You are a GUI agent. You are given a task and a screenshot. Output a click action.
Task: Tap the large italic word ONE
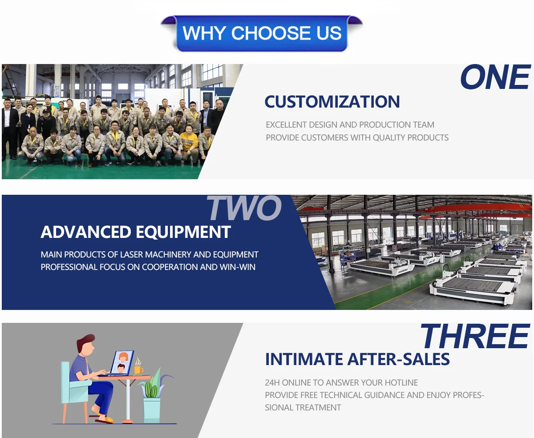click(495, 77)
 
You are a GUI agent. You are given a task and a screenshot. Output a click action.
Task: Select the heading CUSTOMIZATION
click(332, 102)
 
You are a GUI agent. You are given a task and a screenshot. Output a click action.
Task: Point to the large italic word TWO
click(244, 208)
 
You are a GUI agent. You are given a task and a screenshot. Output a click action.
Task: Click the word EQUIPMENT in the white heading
click(183, 232)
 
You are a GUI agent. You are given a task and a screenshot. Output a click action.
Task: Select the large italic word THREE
click(475, 337)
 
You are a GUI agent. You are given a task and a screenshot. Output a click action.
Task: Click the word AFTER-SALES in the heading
click(398, 359)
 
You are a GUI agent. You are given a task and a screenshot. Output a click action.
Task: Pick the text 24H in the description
click(272, 382)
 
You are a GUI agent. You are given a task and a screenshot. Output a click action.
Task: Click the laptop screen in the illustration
click(122, 362)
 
